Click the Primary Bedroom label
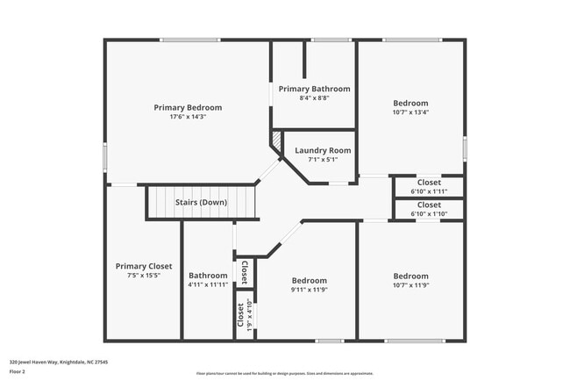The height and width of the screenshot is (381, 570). pyautogui.click(x=188, y=107)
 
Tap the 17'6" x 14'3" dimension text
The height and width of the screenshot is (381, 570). pyautogui.click(x=188, y=117)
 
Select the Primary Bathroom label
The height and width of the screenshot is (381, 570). pyautogui.click(x=314, y=89)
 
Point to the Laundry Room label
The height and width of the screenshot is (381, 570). pyautogui.click(x=322, y=150)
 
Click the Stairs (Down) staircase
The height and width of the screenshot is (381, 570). pyautogui.click(x=201, y=203)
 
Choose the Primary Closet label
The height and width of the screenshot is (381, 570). pyautogui.click(x=144, y=266)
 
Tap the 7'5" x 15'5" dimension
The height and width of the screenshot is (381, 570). pyautogui.click(x=144, y=276)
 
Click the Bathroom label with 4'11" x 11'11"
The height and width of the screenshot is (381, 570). pyautogui.click(x=208, y=275)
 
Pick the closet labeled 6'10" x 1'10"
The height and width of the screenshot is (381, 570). pyautogui.click(x=429, y=209)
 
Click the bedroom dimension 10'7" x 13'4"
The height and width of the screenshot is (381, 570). pyautogui.click(x=410, y=112)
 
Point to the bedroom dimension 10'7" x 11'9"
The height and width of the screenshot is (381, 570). pyautogui.click(x=410, y=284)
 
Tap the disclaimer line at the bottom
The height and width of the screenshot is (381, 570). pyautogui.click(x=284, y=373)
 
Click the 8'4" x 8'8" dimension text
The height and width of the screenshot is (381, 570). pyautogui.click(x=314, y=98)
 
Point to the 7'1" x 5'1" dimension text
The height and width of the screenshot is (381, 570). pyautogui.click(x=322, y=160)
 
